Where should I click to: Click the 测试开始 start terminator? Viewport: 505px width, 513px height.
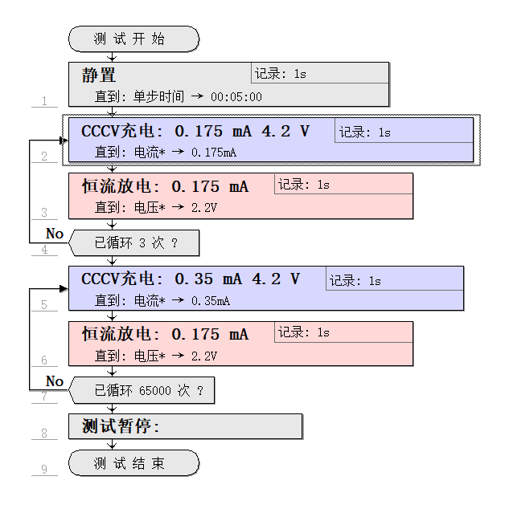point(133,39)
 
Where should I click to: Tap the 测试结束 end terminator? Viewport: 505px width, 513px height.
point(133,463)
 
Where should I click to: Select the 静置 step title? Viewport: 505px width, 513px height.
point(99,76)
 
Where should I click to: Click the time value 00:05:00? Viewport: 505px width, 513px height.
point(236,97)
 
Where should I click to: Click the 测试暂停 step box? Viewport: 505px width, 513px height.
point(185,426)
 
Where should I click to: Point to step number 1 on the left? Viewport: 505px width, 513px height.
point(44,101)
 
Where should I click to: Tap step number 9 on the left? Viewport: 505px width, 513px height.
point(44,470)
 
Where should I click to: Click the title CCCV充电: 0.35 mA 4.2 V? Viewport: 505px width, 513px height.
point(191,279)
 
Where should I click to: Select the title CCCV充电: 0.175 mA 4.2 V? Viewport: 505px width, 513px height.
point(195,131)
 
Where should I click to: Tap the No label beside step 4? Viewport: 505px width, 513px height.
point(55,234)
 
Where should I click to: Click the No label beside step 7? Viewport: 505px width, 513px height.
point(55,381)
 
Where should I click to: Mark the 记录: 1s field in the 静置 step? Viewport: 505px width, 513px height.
point(281,75)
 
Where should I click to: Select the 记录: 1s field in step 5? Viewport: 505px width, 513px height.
point(355,281)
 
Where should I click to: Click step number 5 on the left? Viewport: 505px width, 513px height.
point(44,305)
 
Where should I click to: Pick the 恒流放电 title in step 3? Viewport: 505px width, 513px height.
point(119,187)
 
